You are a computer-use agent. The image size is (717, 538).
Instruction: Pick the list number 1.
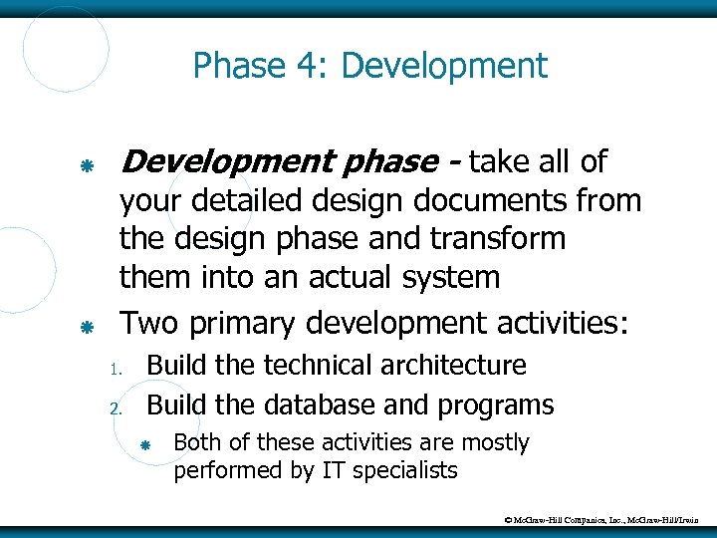[x=115, y=370]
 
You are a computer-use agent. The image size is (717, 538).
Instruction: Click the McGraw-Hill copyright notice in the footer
[x=601, y=519]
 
